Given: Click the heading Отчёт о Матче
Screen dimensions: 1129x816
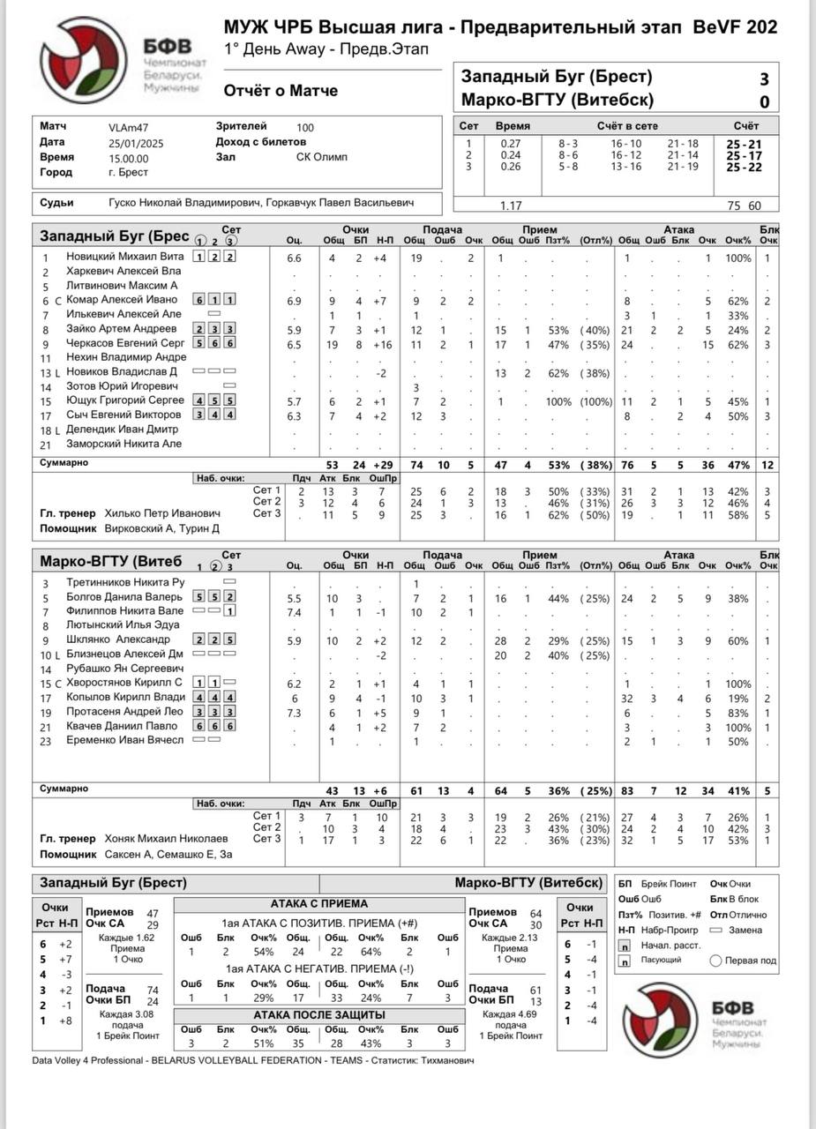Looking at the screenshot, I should click(x=281, y=90).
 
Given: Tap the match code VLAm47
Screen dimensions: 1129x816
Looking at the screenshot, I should click(x=130, y=127).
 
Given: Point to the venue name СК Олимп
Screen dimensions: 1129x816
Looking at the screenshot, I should click(x=322, y=158).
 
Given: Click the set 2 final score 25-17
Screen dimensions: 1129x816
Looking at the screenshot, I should click(x=745, y=156).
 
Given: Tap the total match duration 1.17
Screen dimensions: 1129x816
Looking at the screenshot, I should click(x=511, y=206).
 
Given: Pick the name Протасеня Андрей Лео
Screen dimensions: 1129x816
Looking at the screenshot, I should click(x=124, y=711).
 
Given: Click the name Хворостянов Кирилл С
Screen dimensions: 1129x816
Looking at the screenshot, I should click(x=124, y=683).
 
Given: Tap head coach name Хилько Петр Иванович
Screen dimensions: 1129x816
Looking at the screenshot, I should click(x=162, y=512).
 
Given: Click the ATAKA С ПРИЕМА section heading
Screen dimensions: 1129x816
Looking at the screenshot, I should click(x=318, y=904).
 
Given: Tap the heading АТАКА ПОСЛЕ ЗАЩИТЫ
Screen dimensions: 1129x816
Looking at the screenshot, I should click(x=318, y=1014).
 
